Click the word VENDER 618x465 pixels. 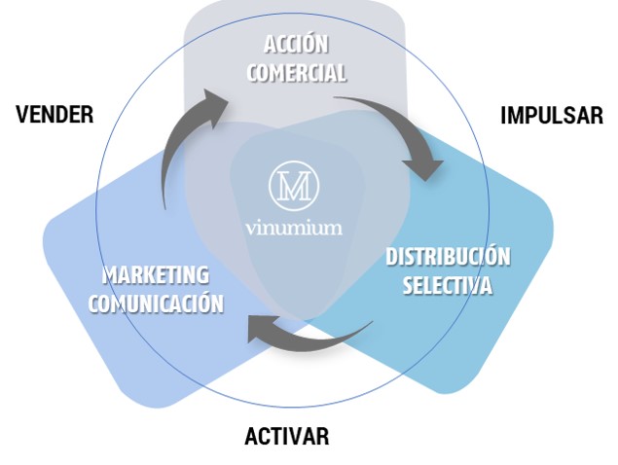point(55,115)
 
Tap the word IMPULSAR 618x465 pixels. point(551,116)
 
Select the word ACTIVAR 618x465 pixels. point(286,436)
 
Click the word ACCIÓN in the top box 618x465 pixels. point(296,44)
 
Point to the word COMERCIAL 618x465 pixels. point(296,73)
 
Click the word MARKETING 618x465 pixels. point(155,275)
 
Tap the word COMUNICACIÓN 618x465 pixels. point(156,303)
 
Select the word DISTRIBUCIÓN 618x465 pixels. point(448,258)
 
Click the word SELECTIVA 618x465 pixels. point(448,286)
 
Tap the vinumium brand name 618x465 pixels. point(294,229)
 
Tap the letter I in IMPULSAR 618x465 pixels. point(503,116)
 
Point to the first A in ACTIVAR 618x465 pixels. point(251,436)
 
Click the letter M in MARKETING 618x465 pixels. point(109,275)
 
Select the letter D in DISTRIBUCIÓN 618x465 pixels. point(392,258)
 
